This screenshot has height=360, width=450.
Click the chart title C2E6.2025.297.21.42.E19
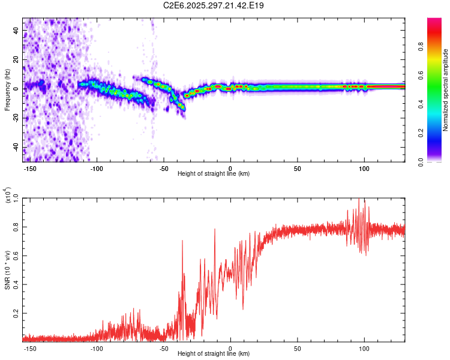pos(214,6)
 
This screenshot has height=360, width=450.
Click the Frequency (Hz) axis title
pos(7,89)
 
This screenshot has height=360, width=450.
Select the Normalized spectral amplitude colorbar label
pos(446,90)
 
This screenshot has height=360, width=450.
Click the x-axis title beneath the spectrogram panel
pos(214,174)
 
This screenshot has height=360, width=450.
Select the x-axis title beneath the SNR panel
pos(214,354)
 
